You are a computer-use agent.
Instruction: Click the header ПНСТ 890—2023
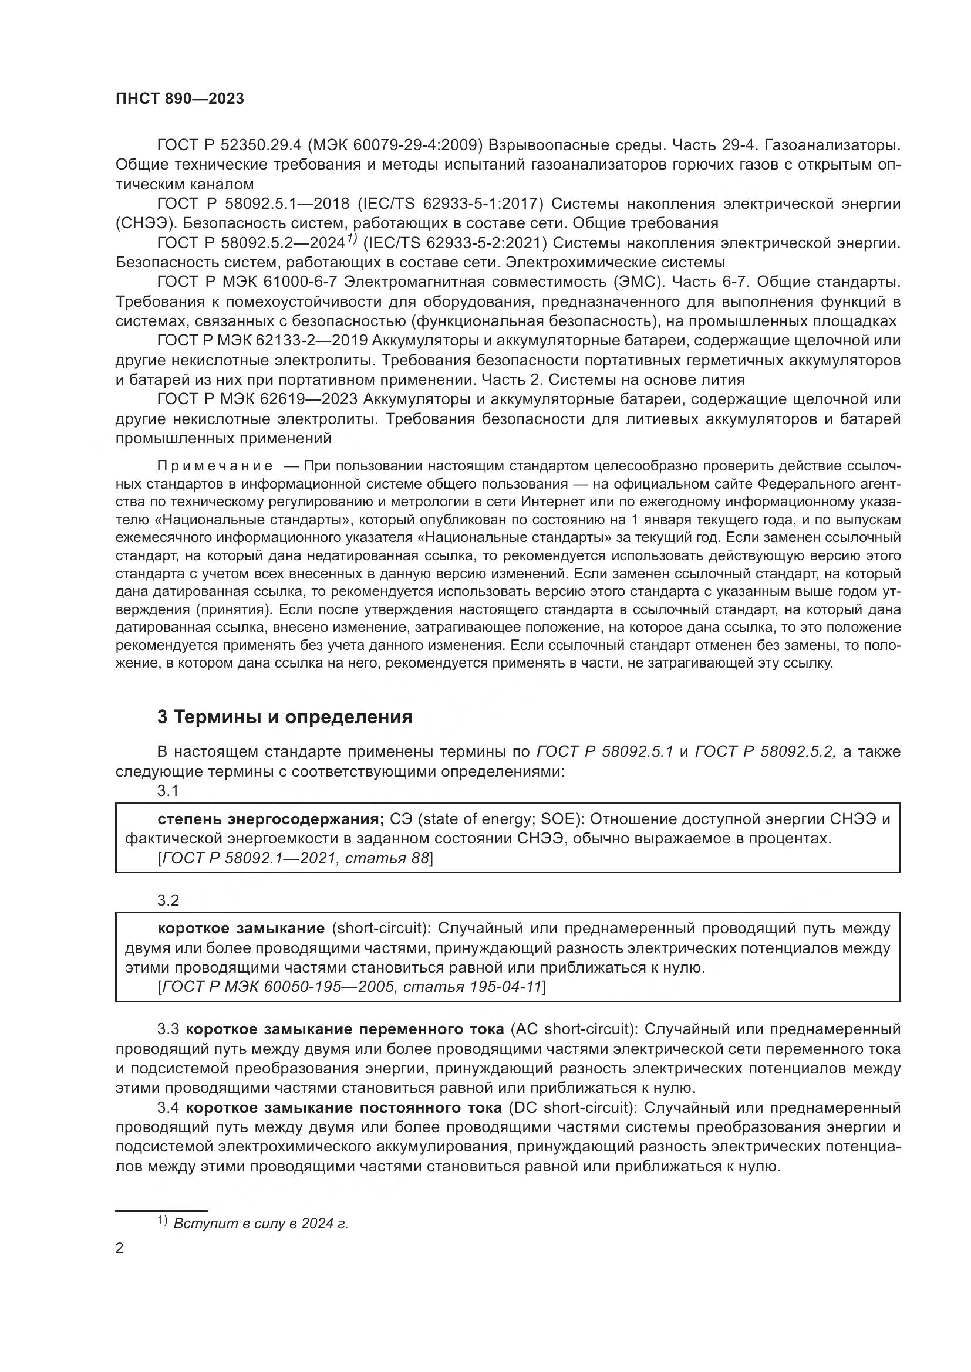click(x=180, y=99)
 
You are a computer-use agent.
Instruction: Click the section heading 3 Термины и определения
click(x=285, y=716)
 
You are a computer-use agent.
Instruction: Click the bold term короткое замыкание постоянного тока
click(x=344, y=1107)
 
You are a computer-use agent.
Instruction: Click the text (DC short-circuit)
click(x=571, y=1107)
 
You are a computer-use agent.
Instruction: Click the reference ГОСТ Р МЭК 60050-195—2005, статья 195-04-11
click(x=352, y=987)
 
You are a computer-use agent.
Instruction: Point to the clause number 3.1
click(x=168, y=791)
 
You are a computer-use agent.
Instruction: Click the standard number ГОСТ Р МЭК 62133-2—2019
click(x=261, y=341)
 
